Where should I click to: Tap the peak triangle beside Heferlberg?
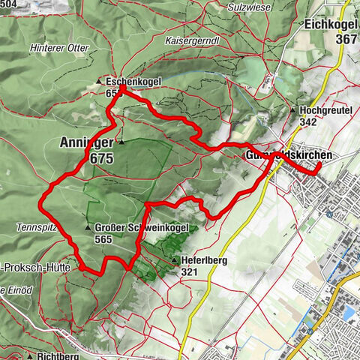(x=175, y=260)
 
